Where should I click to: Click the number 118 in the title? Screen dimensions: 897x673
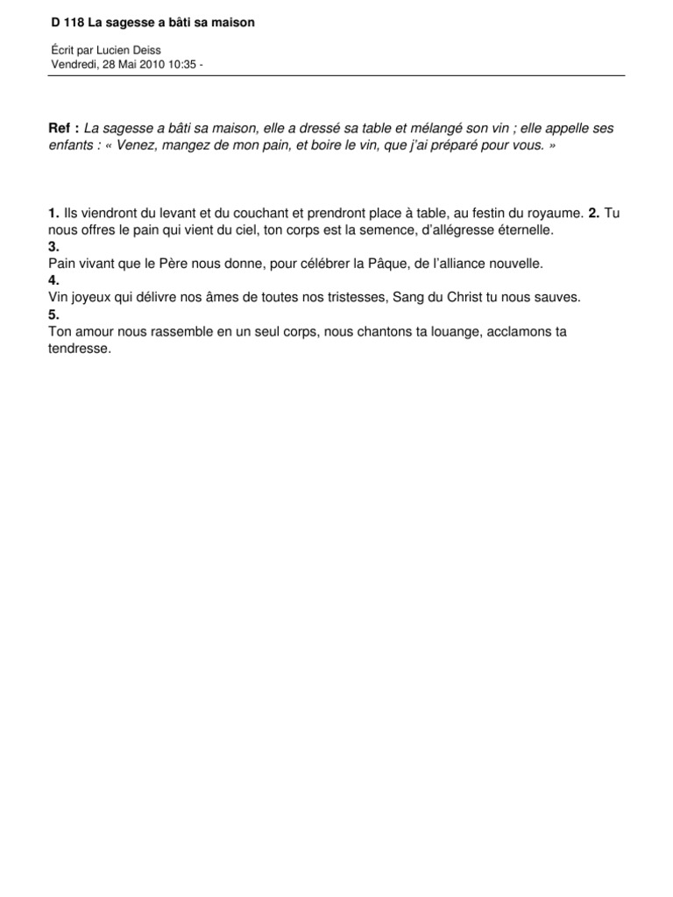[74, 23]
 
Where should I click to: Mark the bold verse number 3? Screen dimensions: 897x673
[53, 247]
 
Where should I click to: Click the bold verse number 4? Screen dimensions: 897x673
[53, 280]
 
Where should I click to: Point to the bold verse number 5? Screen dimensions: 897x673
[53, 314]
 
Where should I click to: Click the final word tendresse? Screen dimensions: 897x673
[81, 348]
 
